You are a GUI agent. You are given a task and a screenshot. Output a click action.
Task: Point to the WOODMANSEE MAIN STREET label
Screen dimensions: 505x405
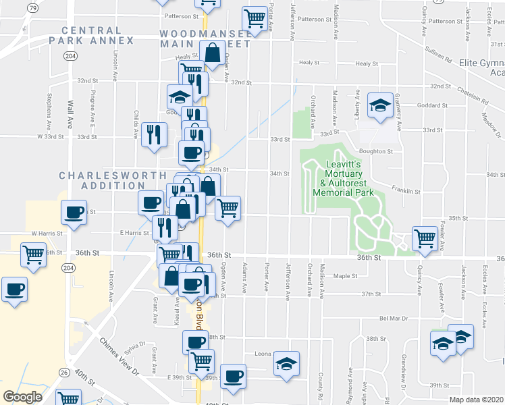[205, 38]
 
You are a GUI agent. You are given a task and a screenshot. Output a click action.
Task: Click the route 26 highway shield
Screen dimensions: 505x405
[62, 372]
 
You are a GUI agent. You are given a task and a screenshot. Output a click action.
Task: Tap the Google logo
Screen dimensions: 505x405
[22, 397]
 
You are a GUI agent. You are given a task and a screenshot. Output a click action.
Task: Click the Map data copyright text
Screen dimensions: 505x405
[477, 399]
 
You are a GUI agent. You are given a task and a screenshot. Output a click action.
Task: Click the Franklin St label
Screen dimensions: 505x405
[405, 192]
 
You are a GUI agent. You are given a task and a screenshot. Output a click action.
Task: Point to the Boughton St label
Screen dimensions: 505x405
[377, 152]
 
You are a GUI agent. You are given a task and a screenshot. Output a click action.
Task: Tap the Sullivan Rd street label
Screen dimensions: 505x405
[438, 55]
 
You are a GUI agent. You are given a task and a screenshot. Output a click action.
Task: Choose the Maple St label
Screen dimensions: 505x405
[344, 275]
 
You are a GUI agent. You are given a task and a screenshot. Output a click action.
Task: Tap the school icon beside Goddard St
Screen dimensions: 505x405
[380, 105]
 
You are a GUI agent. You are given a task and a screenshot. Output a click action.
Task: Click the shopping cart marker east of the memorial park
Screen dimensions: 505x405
[425, 238]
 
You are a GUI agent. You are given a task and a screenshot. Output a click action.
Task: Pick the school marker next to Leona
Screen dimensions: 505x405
[286, 364]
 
